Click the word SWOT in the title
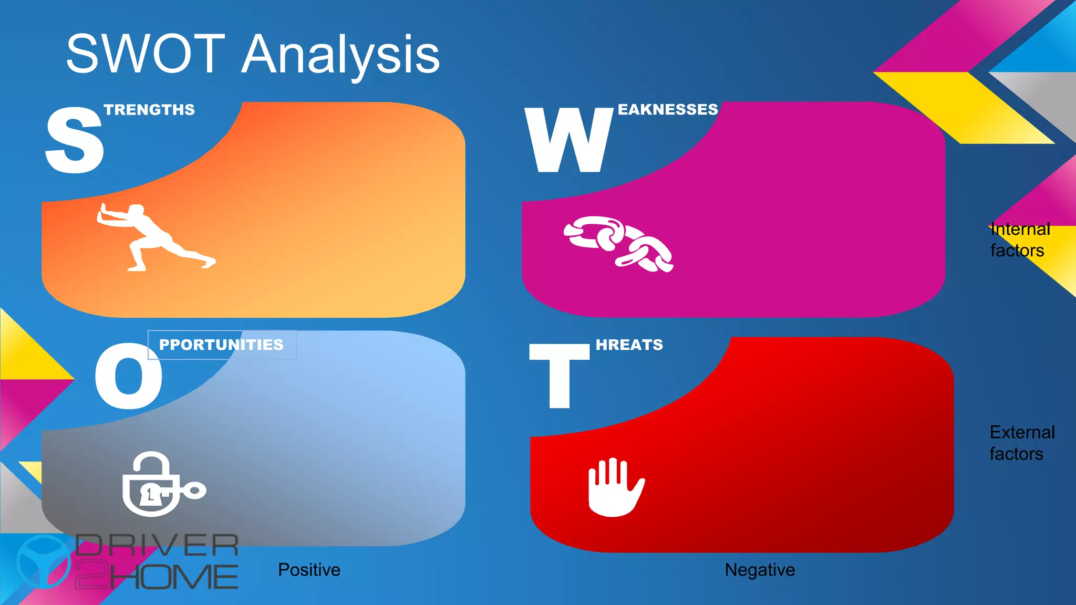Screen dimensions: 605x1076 (x=146, y=54)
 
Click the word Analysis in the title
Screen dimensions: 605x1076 (x=340, y=56)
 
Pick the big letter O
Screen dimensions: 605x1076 (x=128, y=376)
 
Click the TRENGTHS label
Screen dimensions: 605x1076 (x=149, y=110)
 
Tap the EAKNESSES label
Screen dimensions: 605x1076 (x=667, y=109)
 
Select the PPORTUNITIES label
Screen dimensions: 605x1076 (x=221, y=345)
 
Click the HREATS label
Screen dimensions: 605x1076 (x=629, y=345)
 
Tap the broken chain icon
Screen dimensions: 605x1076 (x=618, y=244)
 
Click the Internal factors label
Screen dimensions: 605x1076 (x=1019, y=240)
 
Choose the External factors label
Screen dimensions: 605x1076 (x=1021, y=443)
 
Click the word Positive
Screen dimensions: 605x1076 (x=309, y=570)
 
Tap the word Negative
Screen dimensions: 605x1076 (x=759, y=570)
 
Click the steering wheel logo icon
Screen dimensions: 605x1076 (x=43, y=562)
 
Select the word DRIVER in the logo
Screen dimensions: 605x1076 (x=157, y=546)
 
